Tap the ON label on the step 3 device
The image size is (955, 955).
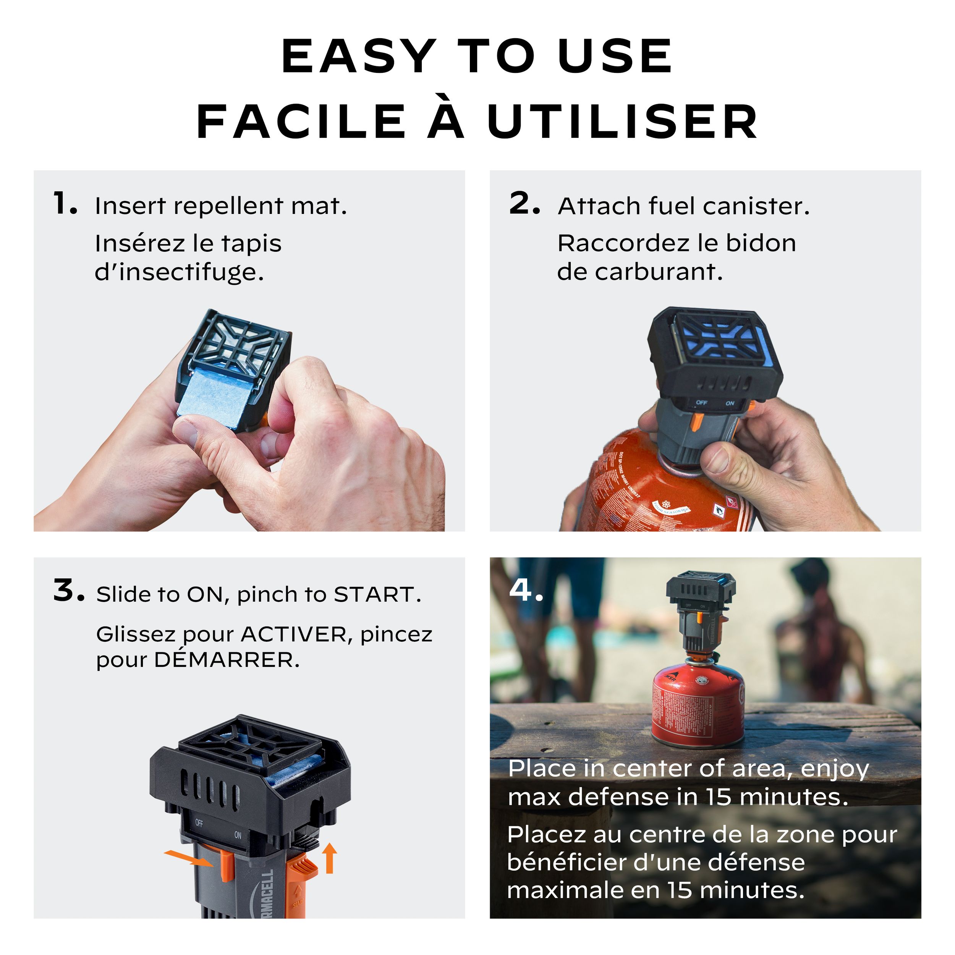pyautogui.click(x=238, y=835)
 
